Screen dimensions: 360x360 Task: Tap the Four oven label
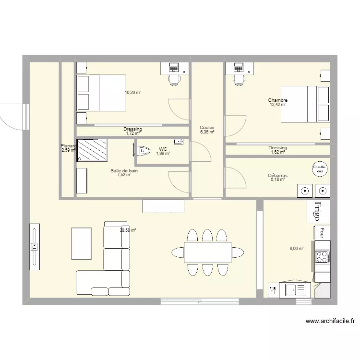[322, 233]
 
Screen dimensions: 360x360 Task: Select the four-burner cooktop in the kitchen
[322, 257]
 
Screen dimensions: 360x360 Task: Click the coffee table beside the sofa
[82, 243]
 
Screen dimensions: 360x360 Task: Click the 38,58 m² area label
[128, 230]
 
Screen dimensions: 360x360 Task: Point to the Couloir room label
[207, 128]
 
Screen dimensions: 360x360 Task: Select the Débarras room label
[277, 176]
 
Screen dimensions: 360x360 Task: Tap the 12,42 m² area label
[277, 104]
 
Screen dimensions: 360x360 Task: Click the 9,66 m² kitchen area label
[296, 249]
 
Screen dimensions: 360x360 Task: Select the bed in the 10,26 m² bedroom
[101, 93]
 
